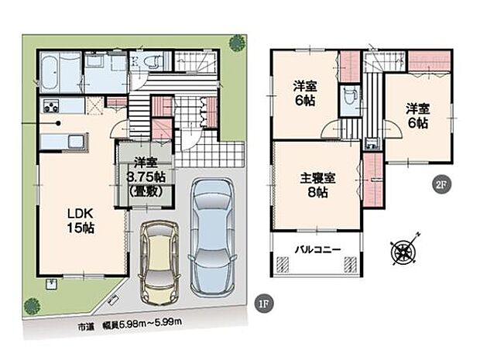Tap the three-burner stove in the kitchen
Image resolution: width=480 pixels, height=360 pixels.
52,106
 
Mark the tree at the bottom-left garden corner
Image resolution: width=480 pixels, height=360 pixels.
32,306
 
